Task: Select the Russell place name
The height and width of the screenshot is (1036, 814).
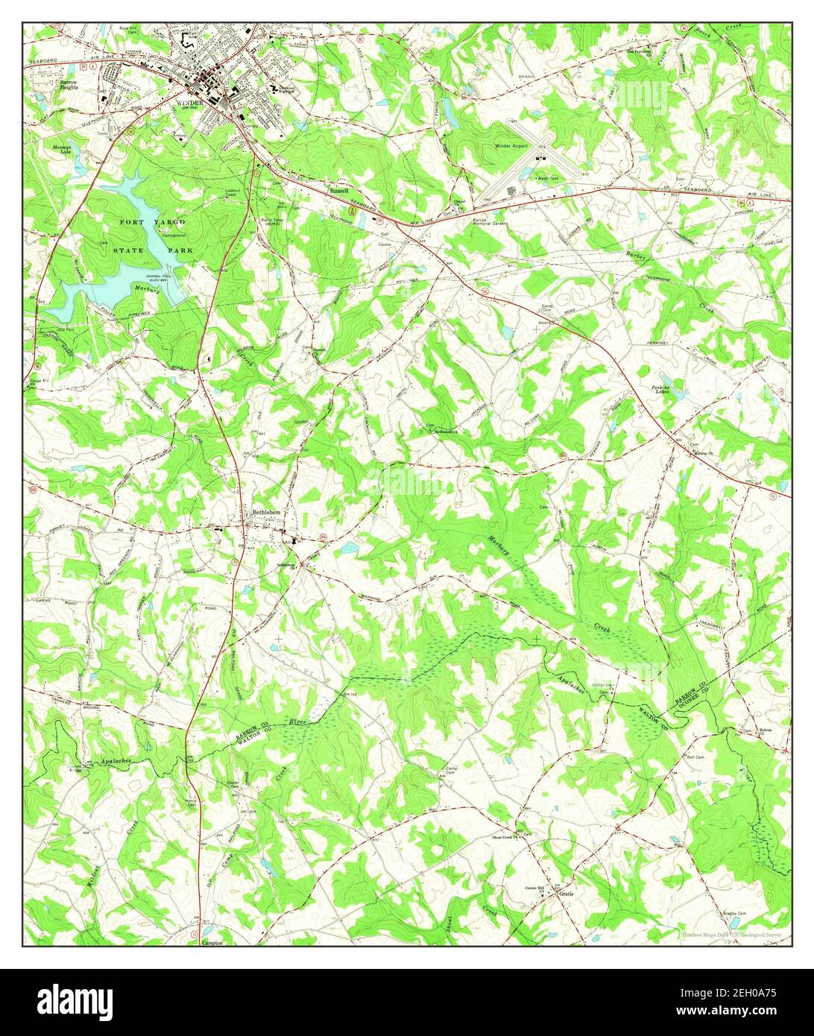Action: coord(339,191)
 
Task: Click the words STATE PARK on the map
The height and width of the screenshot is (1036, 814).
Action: coord(154,250)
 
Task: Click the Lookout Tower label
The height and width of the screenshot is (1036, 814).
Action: coord(236,192)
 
